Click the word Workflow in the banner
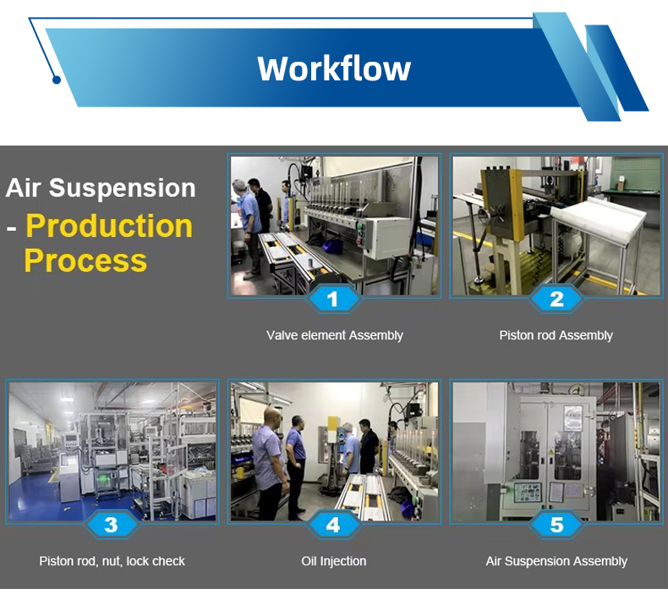click(x=334, y=69)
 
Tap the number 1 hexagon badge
click(x=333, y=299)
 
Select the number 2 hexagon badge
click(x=556, y=299)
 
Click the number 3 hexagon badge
click(x=111, y=525)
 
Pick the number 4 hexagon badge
click(x=333, y=525)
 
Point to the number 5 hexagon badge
click(x=556, y=525)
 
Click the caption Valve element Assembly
click(x=335, y=336)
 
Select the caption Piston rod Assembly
click(x=556, y=336)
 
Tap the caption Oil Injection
click(x=333, y=561)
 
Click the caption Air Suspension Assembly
click(x=556, y=561)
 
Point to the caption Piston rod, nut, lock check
click(x=112, y=561)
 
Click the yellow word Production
click(x=109, y=226)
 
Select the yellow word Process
click(x=85, y=260)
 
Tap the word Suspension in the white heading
click(x=123, y=188)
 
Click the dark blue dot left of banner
click(x=57, y=80)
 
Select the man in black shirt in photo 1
click(x=260, y=206)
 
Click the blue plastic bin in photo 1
click(x=332, y=246)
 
